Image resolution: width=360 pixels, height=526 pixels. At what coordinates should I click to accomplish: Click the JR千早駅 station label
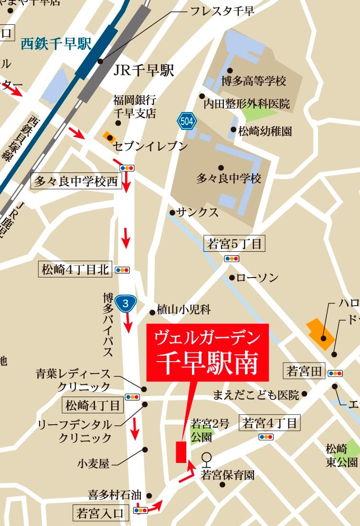point(144,71)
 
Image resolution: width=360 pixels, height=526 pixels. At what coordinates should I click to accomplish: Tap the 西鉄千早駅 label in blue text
point(56,44)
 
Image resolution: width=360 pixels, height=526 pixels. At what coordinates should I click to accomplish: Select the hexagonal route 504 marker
point(187,121)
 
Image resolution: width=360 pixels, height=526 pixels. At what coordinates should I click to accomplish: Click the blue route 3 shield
point(126,303)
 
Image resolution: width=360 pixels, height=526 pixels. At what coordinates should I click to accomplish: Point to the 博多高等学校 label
point(254,81)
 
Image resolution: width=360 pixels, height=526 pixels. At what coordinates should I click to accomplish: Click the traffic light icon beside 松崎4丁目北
point(122,270)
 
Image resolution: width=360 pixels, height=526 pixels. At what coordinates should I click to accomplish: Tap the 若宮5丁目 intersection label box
point(234,244)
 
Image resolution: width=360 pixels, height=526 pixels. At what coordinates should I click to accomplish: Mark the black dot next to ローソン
point(232,278)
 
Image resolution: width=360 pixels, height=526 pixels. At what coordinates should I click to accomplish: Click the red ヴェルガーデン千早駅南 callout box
point(207,353)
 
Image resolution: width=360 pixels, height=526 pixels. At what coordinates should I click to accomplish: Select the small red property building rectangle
point(180,452)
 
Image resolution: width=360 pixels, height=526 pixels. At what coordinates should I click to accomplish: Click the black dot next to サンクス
point(172,212)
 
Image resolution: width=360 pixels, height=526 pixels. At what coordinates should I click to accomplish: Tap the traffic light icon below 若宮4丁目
point(266,437)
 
